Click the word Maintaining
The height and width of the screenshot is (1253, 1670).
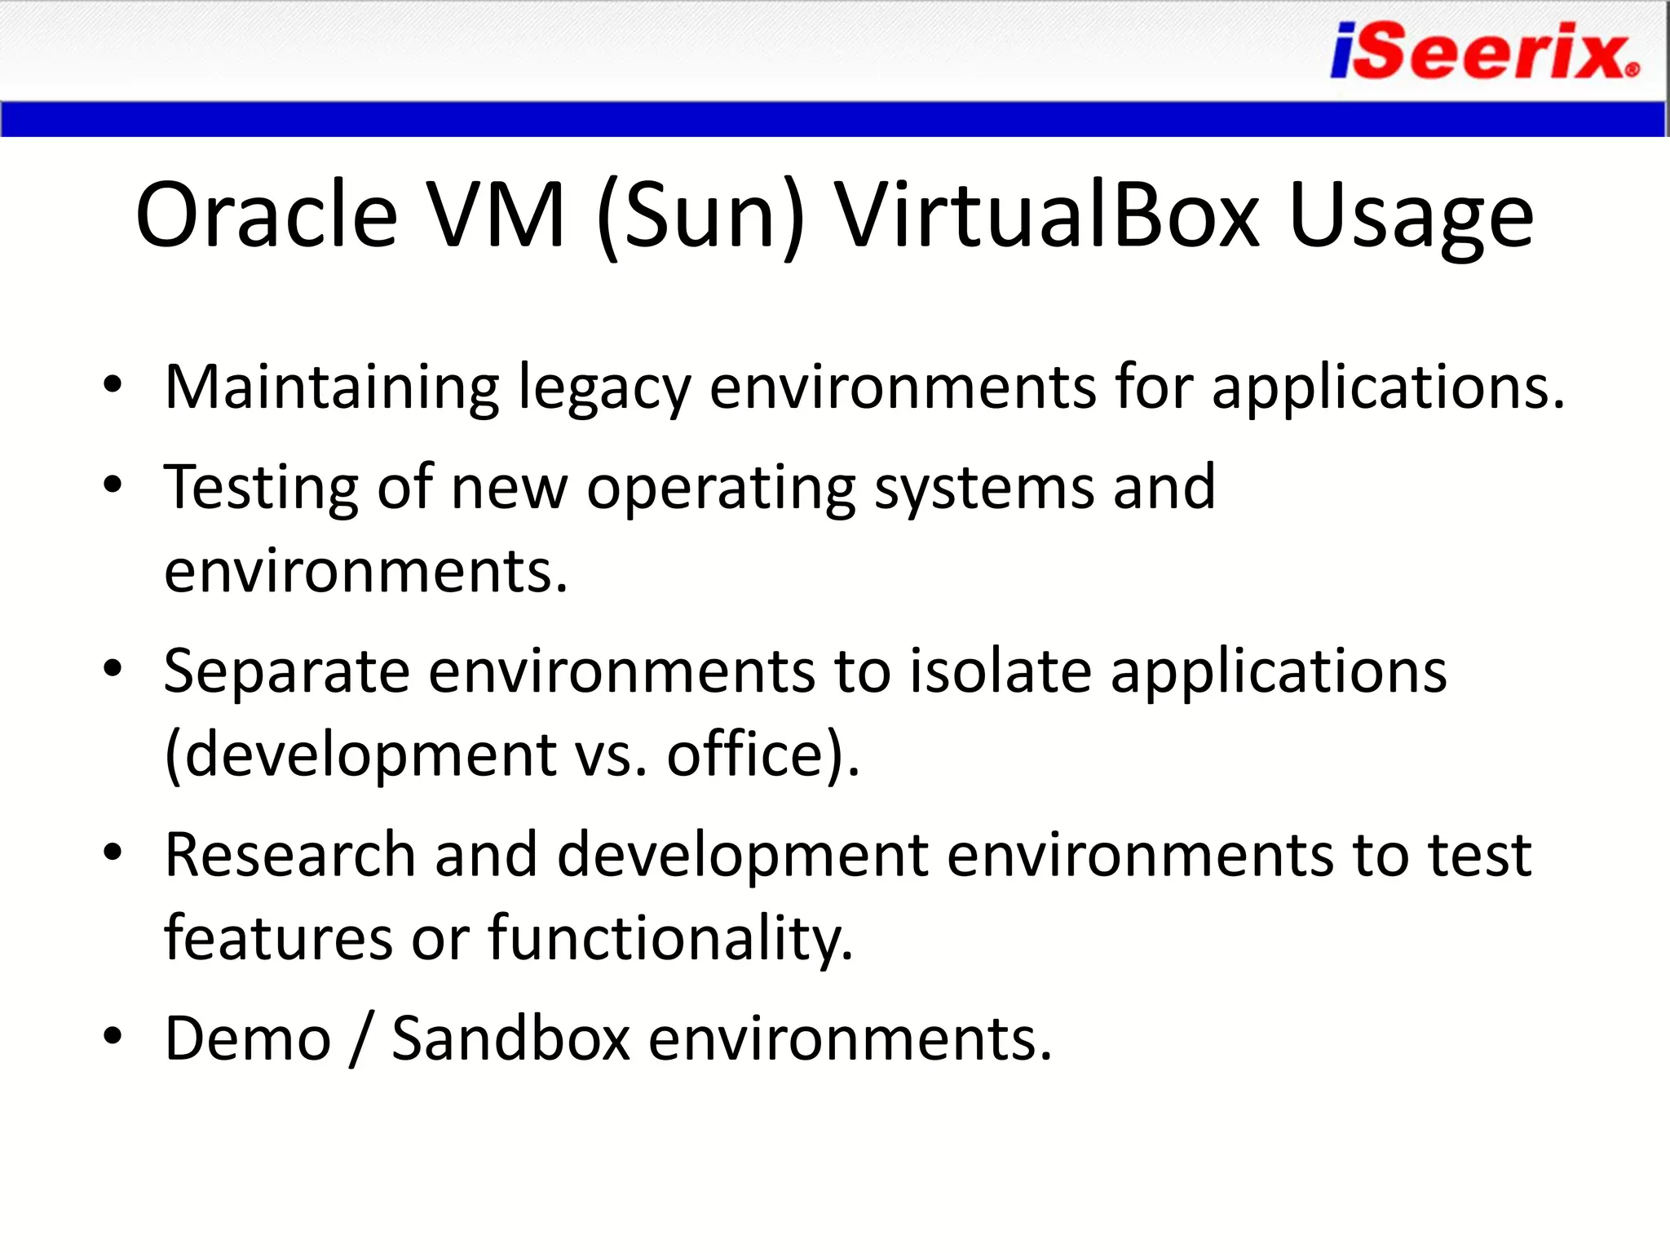332,388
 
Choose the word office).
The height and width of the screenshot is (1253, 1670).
763,755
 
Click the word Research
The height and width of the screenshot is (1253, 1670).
289,856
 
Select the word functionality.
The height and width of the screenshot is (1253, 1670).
670,939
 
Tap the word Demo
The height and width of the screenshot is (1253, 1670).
248,1039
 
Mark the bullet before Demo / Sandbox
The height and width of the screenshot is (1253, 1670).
113,1036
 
